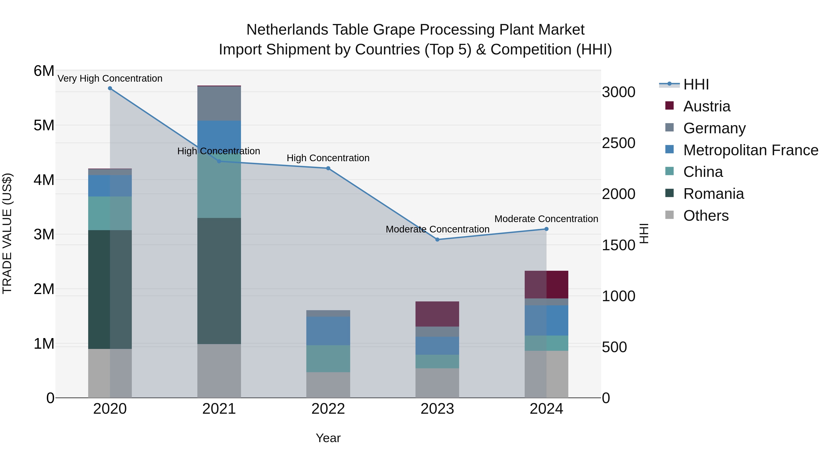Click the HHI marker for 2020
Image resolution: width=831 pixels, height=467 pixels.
[x=110, y=88]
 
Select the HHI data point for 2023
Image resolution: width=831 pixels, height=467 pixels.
[x=437, y=239]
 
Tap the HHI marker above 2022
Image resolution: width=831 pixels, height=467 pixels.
[x=328, y=168]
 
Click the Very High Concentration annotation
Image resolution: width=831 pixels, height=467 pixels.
[x=110, y=79]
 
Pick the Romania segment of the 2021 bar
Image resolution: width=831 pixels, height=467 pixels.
[x=219, y=280]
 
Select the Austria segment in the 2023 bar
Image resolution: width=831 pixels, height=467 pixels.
[x=437, y=314]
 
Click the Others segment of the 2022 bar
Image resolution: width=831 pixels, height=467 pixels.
[x=328, y=385]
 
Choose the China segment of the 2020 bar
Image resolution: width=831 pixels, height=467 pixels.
[x=110, y=213]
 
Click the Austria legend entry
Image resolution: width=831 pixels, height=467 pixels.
[x=707, y=106]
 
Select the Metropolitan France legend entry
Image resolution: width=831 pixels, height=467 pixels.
[x=751, y=150]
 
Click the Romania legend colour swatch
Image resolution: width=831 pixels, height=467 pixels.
[x=669, y=193]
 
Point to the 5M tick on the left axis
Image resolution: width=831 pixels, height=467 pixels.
[x=44, y=125]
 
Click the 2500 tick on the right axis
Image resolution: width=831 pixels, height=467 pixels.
[x=618, y=143]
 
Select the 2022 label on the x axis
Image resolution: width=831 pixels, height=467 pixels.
[x=328, y=409]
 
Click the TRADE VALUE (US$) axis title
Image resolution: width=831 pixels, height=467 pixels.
[x=7, y=233]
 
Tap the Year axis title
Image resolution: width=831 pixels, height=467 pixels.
[x=328, y=438]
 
